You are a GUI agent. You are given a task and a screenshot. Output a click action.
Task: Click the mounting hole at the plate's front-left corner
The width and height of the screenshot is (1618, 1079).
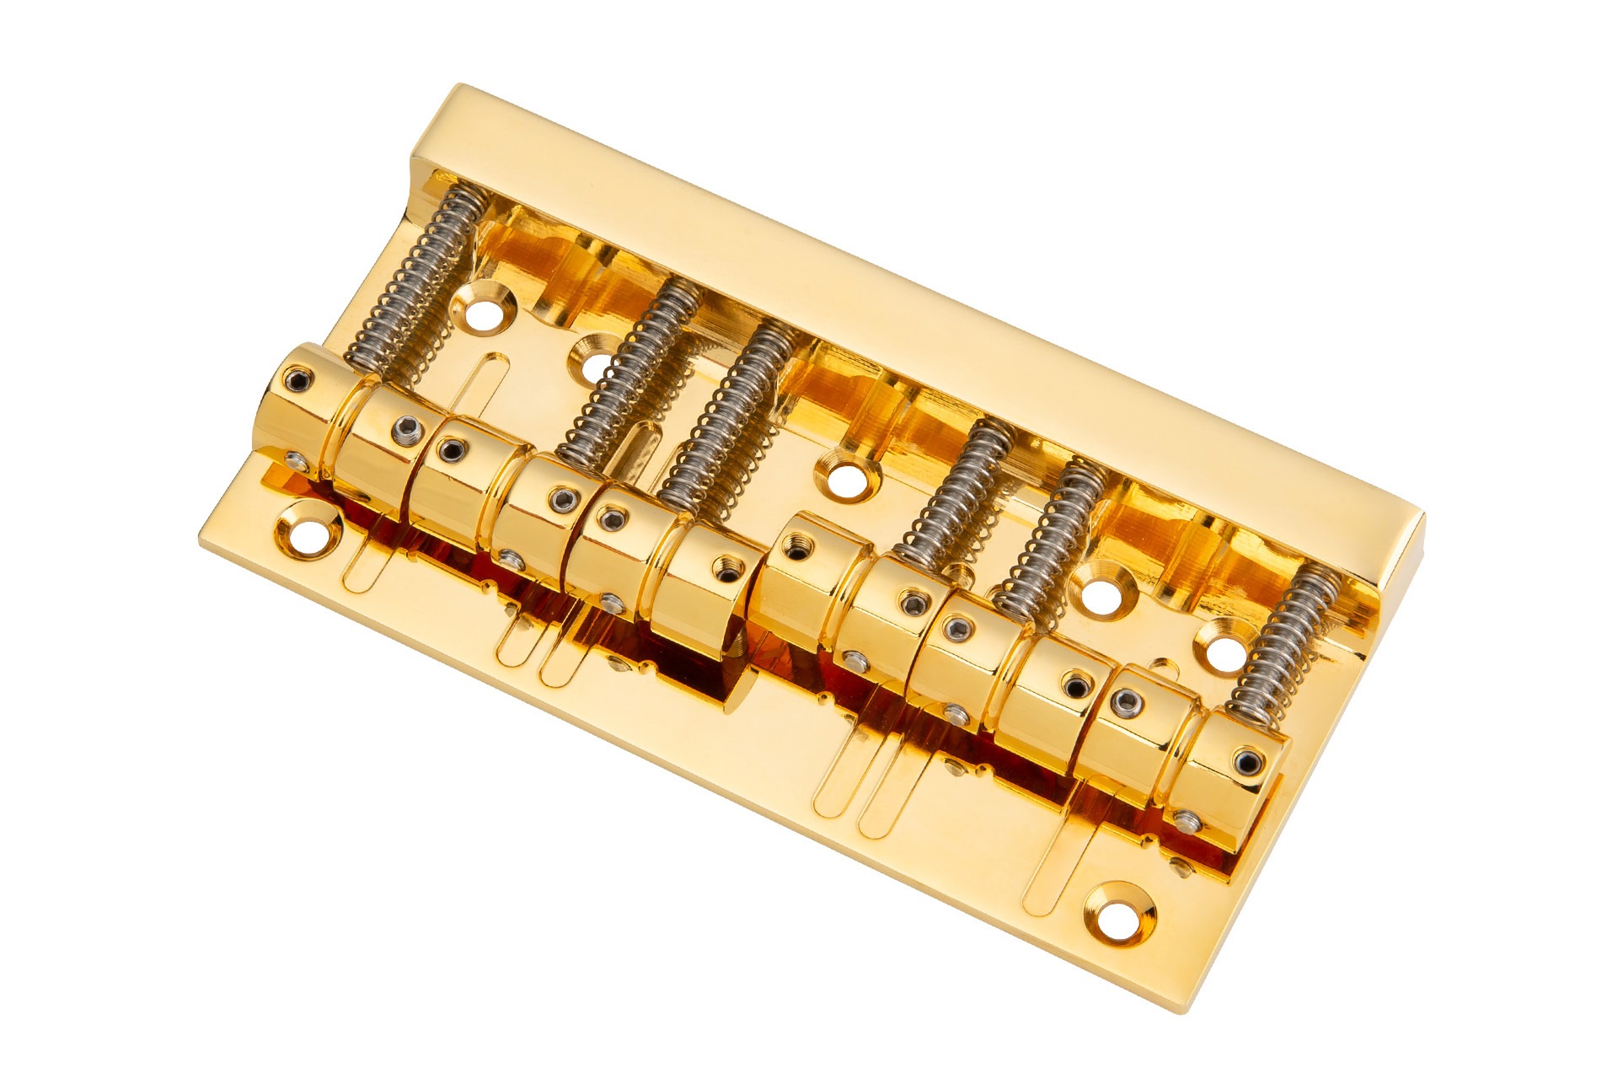(x=308, y=532)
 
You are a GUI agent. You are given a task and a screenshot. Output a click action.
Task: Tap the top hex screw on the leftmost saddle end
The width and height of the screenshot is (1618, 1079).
(x=297, y=381)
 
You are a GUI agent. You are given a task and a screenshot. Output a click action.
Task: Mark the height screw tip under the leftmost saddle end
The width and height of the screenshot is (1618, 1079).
(x=296, y=459)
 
